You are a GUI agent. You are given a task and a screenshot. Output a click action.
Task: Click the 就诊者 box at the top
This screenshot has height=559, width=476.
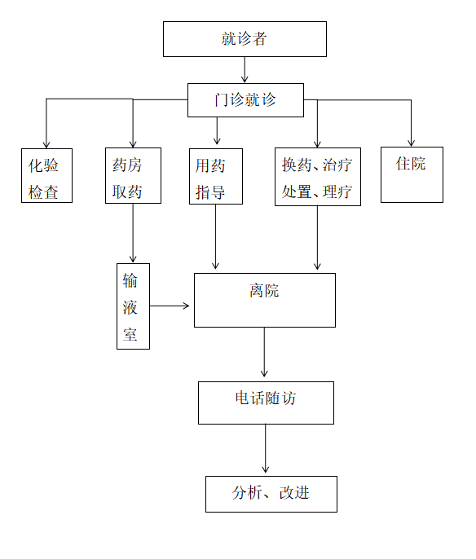pos(245,39)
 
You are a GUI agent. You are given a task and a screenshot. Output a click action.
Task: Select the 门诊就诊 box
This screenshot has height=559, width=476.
pos(245,100)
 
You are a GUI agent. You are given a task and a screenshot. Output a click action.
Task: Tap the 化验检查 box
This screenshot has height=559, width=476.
pos(46,176)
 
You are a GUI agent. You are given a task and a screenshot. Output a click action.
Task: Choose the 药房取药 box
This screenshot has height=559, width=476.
pos(133,176)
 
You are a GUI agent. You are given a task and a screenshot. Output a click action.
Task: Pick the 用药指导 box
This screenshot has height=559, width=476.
pos(216,177)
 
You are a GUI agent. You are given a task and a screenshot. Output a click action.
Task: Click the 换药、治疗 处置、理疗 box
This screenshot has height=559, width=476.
pos(318,177)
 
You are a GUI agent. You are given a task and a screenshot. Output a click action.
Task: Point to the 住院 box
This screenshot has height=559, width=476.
pos(412,174)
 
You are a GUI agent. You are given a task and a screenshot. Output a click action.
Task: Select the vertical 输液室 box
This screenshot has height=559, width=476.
pos(133,306)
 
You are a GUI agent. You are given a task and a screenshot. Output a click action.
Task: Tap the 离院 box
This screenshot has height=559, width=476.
pos(265,300)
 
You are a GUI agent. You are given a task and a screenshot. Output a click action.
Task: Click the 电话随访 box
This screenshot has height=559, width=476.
pos(266,403)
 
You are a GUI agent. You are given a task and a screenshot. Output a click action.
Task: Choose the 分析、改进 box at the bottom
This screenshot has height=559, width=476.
pos(271,494)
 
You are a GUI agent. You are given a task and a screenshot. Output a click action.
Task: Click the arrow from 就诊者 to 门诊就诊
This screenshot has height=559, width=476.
pos(245,70)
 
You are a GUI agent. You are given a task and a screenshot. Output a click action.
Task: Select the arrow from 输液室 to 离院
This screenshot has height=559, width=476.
pos(170,306)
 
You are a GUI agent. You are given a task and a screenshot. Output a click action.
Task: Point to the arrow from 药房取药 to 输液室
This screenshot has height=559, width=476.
pos(133,233)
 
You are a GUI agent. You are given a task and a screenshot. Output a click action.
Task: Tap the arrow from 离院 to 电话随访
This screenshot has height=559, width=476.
pos(264,352)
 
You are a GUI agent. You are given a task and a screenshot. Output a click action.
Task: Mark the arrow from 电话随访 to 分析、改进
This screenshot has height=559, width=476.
pos(265,448)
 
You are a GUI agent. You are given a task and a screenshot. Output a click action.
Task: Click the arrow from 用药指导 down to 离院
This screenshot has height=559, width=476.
pos(215,236)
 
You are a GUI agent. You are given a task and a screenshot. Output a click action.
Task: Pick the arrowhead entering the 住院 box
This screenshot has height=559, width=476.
pos(411,143)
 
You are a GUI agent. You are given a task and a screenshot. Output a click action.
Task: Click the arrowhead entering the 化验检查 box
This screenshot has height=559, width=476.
pos(46,144)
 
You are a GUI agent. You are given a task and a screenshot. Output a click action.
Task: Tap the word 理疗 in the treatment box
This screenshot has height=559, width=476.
pos(337,192)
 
